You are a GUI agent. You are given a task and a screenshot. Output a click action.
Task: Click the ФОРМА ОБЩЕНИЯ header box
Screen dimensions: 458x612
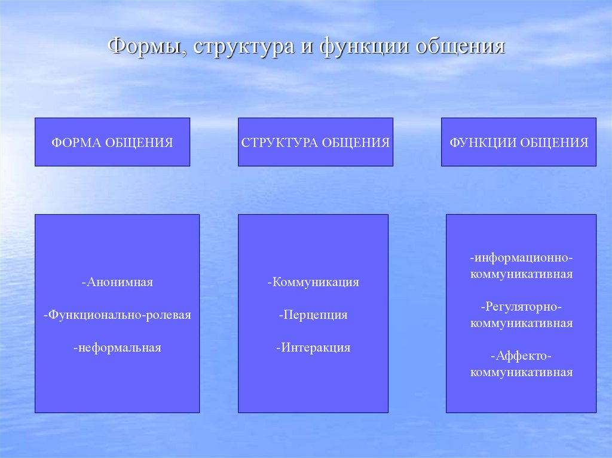click(x=112, y=142)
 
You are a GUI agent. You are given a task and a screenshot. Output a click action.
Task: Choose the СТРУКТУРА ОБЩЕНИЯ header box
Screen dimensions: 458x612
click(x=316, y=142)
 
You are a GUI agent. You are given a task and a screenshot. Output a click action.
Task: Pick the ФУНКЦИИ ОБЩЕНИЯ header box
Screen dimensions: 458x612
click(x=519, y=142)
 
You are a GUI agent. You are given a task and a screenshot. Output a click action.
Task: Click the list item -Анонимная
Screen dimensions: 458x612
click(x=118, y=282)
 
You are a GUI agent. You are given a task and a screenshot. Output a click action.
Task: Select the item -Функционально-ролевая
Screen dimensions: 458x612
click(x=117, y=315)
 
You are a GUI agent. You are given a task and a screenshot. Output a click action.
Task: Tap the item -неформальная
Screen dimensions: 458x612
click(x=118, y=348)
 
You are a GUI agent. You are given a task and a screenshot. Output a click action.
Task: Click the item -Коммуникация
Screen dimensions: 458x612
click(x=313, y=282)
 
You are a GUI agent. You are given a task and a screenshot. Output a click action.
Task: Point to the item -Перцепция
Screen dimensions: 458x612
click(x=313, y=315)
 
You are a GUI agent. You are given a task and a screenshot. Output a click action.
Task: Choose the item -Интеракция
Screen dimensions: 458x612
click(x=313, y=348)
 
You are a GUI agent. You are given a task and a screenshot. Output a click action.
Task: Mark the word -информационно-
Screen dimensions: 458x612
click(x=521, y=258)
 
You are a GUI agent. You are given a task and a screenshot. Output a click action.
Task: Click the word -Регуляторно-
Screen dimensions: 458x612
click(x=521, y=307)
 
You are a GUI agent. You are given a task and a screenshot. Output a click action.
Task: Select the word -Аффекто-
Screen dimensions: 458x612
click(x=521, y=356)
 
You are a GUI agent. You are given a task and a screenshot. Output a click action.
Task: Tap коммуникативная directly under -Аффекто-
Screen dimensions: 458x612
click(x=521, y=373)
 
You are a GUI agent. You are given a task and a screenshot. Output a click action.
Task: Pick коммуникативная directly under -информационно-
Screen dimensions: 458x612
click(x=521, y=275)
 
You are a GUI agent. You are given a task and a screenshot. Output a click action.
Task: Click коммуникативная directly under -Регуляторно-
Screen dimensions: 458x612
click(x=521, y=324)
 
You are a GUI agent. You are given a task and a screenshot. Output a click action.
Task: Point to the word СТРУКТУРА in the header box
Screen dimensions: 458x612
click(x=280, y=142)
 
